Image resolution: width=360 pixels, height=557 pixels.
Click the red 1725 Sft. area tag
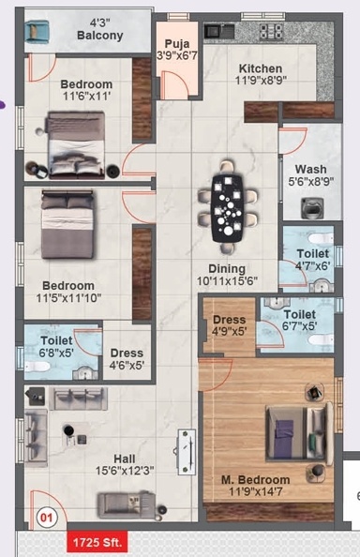pyautogui.click(x=97, y=542)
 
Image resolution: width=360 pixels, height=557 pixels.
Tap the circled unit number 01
pyautogui.click(x=47, y=518)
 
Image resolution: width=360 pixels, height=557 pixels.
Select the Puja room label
pyautogui.click(x=177, y=44)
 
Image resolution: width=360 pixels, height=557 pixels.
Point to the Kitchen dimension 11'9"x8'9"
pyautogui.click(x=261, y=81)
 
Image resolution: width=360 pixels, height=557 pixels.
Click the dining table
pyautogui.click(x=228, y=209)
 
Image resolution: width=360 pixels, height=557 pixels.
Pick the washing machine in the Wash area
pyautogui.click(x=312, y=208)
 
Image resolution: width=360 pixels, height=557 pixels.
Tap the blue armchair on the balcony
pyautogui.click(x=37, y=32)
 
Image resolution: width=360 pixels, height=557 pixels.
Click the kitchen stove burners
pyautogui.click(x=272, y=31)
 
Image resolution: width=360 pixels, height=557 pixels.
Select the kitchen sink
pyautogui.click(x=219, y=31)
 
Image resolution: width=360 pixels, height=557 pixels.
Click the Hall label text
pyautogui.click(x=125, y=459)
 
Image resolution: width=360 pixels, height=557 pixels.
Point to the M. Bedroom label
pyautogui.click(x=256, y=480)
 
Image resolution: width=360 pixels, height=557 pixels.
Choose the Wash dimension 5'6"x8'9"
pyautogui.click(x=310, y=182)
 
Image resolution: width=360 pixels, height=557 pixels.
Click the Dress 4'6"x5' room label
pyautogui.click(x=127, y=359)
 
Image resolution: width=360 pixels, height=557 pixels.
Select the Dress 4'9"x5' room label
pyautogui.click(x=230, y=325)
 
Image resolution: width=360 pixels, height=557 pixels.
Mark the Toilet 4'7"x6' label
pyautogui.click(x=313, y=260)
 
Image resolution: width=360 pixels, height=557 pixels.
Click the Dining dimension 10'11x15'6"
pyautogui.click(x=227, y=280)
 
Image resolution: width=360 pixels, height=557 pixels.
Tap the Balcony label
pyautogui.click(x=100, y=36)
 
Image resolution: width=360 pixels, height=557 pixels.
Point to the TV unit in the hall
pyautogui.click(x=187, y=452)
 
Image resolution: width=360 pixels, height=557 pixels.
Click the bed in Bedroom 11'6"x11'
pyautogui.click(x=76, y=144)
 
